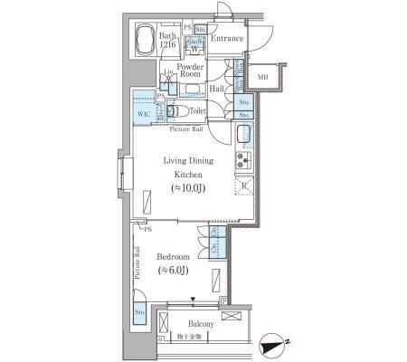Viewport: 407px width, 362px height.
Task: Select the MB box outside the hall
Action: (263, 78)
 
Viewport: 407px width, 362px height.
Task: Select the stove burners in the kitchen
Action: (241, 162)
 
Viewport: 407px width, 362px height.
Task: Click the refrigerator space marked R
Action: (242, 186)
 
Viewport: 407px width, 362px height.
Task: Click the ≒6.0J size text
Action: (174, 269)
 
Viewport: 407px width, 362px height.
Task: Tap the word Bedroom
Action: (174, 256)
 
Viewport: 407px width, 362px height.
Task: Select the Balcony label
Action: (201, 324)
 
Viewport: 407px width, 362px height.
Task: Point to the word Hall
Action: (216, 89)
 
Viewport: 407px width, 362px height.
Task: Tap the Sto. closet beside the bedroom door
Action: (140, 312)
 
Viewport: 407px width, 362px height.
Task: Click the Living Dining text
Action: (188, 161)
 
